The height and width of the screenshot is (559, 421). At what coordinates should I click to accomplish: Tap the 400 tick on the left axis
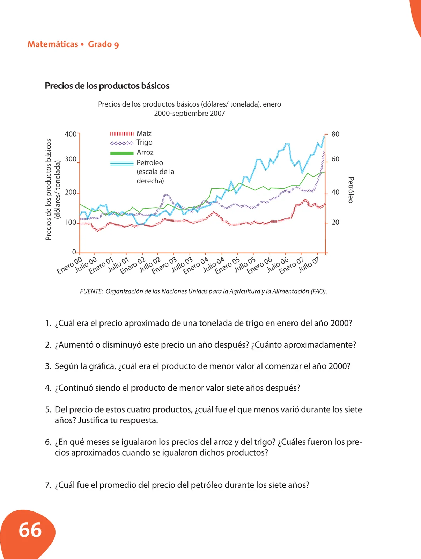[x=71, y=134]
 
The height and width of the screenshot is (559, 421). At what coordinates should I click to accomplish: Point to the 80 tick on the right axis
[x=335, y=134]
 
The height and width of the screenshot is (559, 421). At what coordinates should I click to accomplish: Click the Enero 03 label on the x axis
[x=164, y=266]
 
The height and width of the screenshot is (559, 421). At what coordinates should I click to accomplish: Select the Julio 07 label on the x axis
[x=309, y=264]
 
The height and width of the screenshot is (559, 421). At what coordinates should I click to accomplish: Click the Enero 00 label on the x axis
[x=69, y=266]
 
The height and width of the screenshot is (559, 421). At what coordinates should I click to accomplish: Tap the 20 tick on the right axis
[x=335, y=222]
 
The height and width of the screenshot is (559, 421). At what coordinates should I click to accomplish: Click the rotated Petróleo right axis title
[x=351, y=190]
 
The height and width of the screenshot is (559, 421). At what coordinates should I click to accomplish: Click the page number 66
[x=30, y=530]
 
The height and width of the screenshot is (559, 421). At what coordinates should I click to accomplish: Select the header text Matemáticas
[x=53, y=44]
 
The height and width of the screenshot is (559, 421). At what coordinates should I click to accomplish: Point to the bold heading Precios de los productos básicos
[x=107, y=86]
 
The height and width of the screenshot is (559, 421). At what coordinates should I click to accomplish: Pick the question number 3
[x=48, y=366]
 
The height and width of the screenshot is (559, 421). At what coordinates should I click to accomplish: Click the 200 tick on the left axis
[x=71, y=192]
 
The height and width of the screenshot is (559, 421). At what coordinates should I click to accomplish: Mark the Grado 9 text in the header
[x=103, y=44]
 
